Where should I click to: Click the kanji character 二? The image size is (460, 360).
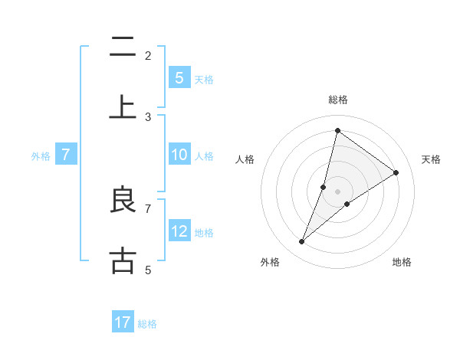point(123,47)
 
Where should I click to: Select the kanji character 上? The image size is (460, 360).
point(123,107)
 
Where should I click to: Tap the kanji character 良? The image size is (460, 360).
point(123,201)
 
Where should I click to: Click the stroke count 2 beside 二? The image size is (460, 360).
point(148,56)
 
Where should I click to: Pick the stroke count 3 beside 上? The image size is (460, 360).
point(148,117)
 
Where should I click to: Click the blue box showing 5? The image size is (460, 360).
point(179,78)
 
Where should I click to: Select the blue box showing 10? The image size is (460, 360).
point(179,155)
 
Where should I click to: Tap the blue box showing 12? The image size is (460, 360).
point(179,231)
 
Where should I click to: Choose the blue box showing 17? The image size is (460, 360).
point(123,322)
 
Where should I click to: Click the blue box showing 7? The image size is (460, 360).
point(66,155)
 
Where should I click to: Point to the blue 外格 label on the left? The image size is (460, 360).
point(41,155)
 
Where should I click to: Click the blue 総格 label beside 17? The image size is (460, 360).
point(147,323)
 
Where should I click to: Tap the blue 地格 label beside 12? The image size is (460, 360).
point(204,232)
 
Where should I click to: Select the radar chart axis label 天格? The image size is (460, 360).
point(431,159)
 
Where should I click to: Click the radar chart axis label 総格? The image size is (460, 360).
point(337,100)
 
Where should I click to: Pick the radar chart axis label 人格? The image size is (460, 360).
point(245,159)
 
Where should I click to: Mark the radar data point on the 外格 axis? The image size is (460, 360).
point(301,242)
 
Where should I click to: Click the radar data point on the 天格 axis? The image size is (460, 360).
point(396,172)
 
